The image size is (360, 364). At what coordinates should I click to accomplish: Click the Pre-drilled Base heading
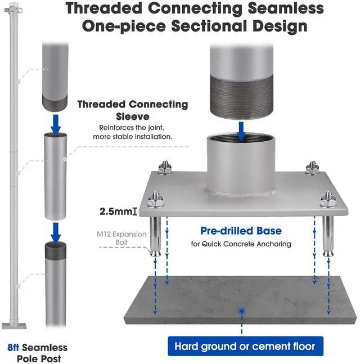(241, 231)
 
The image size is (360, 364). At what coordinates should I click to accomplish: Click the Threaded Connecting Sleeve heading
(132, 110)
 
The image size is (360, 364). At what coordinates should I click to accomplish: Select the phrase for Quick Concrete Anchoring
(241, 244)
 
